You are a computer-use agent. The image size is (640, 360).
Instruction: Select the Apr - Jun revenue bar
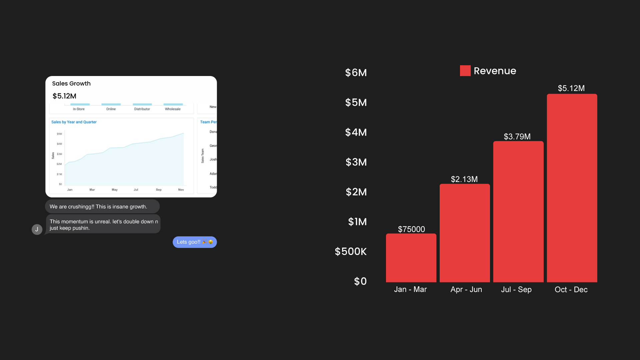[x=465, y=233]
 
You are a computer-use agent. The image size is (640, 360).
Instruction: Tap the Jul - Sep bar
[x=518, y=212]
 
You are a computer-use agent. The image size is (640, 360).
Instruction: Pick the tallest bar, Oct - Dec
[x=572, y=188]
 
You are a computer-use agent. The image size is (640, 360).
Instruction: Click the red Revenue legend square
[x=465, y=71]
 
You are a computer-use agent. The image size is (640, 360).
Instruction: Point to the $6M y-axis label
[x=356, y=73]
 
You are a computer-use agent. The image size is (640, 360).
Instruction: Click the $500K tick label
[x=351, y=251]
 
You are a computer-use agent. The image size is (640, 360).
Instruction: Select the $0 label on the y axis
[x=360, y=281]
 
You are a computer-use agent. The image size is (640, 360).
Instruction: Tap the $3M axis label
[x=356, y=162]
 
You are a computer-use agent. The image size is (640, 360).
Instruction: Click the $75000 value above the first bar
[x=411, y=229]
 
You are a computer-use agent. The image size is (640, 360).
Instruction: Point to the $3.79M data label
[x=517, y=137]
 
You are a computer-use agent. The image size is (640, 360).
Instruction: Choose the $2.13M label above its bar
[x=464, y=179]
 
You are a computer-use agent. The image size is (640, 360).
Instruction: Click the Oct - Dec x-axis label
[x=571, y=289]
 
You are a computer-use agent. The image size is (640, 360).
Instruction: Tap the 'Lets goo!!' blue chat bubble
[x=195, y=242]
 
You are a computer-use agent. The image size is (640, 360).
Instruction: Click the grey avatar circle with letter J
[x=37, y=229]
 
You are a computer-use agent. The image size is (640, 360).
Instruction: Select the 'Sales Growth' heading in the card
[x=71, y=83]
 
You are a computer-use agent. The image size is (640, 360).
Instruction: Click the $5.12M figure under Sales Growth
[x=64, y=96]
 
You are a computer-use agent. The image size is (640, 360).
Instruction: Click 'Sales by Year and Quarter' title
[x=74, y=122]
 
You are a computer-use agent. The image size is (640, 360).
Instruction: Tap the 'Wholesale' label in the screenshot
[x=173, y=109]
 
